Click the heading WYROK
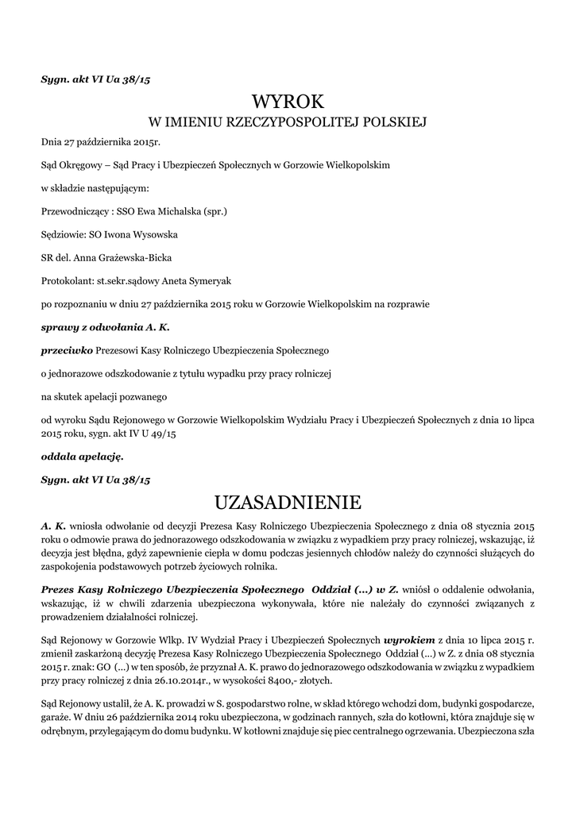(288, 101)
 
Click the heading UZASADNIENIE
(288, 503)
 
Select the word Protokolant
(66, 280)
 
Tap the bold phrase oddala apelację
(83, 457)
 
